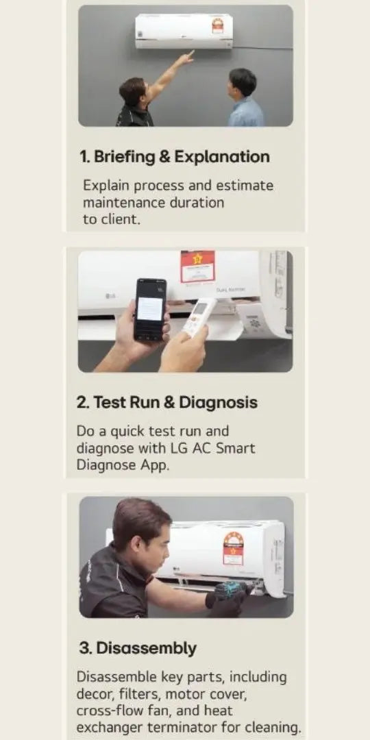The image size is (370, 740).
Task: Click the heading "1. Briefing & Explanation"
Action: point(175,157)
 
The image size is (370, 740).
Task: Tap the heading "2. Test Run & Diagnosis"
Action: point(167,403)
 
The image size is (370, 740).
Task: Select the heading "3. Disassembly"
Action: point(137,648)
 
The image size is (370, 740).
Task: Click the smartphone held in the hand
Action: point(150,309)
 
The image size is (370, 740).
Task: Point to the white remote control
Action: point(199,317)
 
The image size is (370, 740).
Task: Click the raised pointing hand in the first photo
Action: point(186,58)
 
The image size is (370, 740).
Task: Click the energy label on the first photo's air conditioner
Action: point(218,25)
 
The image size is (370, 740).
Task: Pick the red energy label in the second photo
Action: point(198,267)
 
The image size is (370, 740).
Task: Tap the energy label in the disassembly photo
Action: point(233,548)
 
